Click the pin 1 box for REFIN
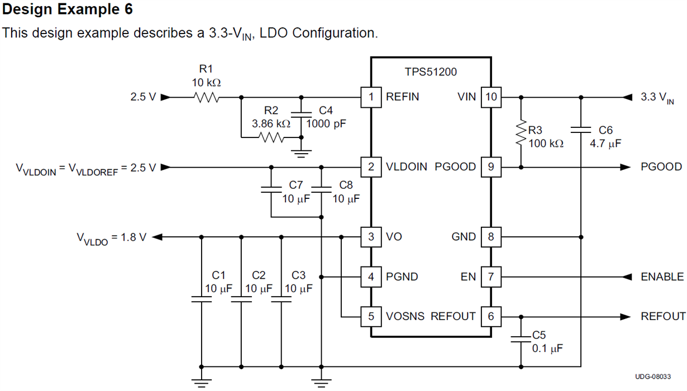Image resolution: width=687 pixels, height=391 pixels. click(x=371, y=97)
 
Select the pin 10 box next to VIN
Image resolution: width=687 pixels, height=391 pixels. click(x=491, y=97)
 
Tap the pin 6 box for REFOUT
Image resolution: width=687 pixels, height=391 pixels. click(x=491, y=317)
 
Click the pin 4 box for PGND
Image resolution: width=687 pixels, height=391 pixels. click(x=371, y=277)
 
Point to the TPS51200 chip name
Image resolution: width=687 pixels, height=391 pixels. click(x=431, y=72)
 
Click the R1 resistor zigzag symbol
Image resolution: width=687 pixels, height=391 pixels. click(x=207, y=97)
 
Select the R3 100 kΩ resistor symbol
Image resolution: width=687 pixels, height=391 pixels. click(x=522, y=132)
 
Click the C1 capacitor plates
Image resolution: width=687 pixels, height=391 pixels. click(x=202, y=299)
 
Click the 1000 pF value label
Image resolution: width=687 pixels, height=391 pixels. click(x=326, y=123)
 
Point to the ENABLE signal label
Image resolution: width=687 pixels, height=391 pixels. click(x=662, y=277)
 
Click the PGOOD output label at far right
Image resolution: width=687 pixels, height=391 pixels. click(x=661, y=167)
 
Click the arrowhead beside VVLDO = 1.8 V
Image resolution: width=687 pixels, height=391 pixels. click(x=158, y=237)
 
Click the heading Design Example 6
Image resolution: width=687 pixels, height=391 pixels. click(x=68, y=9)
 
